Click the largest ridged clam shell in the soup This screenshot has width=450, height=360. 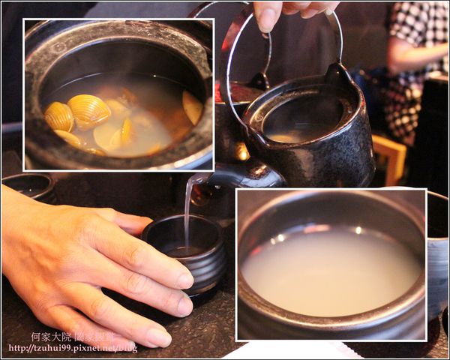point(88,111)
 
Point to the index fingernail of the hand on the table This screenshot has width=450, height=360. point(184,280)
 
